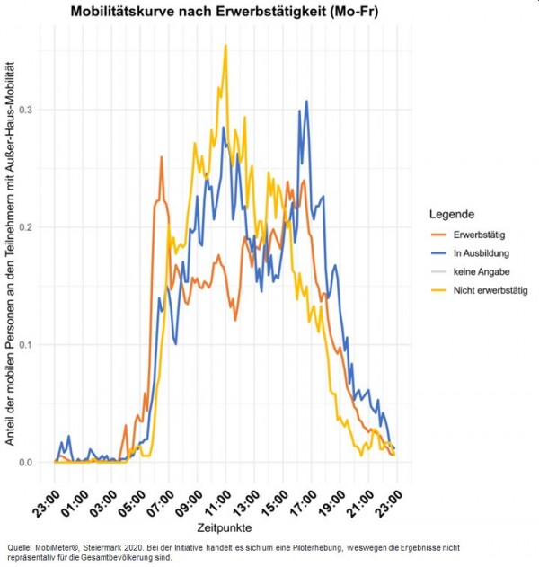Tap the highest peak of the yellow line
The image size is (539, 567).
pos(225,46)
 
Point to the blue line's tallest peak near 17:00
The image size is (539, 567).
pos(306,102)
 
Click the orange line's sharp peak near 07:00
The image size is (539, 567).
pos(162,157)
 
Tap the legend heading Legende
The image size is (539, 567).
pos(457,214)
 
